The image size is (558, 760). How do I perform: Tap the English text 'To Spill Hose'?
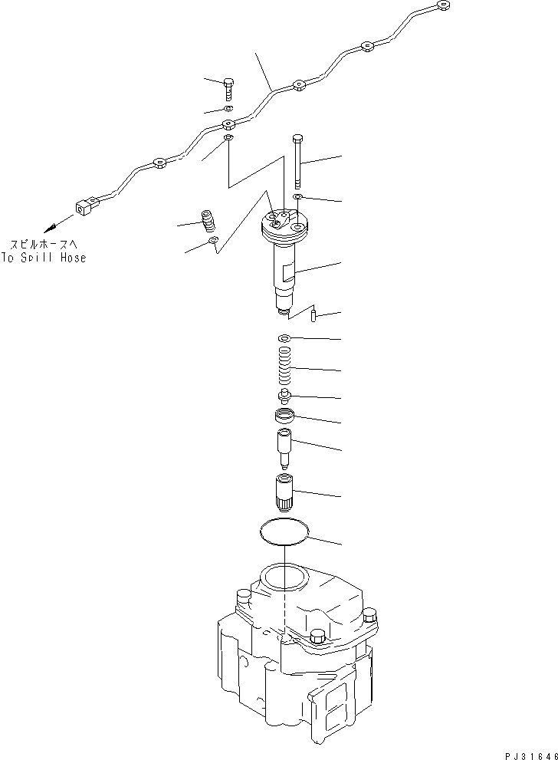(x=44, y=258)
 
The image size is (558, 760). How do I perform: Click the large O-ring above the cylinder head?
(x=284, y=531)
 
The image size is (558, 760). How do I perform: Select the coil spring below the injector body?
(x=284, y=368)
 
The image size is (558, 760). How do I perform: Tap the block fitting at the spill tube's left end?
(x=84, y=206)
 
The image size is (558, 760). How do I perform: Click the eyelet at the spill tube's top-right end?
(x=441, y=7)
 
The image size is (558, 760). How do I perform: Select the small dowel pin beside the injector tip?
(x=313, y=314)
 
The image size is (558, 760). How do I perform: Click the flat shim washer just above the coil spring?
(x=284, y=339)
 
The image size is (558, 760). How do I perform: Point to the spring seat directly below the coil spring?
(x=284, y=396)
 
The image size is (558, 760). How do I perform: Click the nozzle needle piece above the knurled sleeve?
(x=284, y=449)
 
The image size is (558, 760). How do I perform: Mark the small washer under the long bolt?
(x=297, y=198)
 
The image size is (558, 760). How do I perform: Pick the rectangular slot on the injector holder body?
(x=286, y=270)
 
